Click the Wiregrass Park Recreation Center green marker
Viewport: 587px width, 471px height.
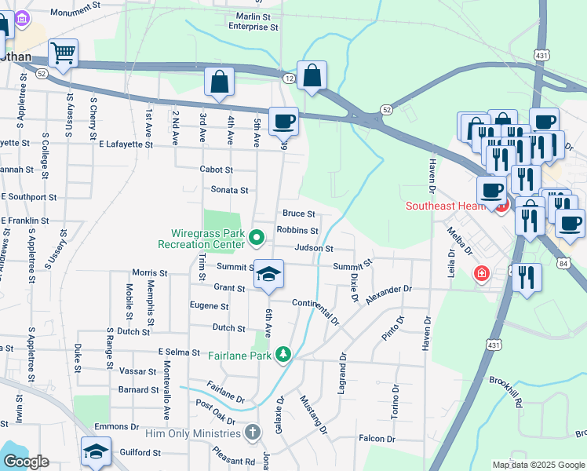click(x=257, y=236)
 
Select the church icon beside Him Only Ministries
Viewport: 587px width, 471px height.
click(x=253, y=433)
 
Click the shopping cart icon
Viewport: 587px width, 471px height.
click(x=64, y=53)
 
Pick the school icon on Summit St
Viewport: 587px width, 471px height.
click(x=268, y=275)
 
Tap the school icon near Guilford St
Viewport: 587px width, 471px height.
click(x=95, y=451)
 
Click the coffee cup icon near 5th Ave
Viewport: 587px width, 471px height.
click(x=283, y=122)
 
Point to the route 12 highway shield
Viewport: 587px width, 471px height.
click(x=289, y=78)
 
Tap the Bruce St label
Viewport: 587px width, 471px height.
click(x=298, y=214)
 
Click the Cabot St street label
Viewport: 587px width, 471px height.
click(x=217, y=170)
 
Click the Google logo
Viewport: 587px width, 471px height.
click(x=26, y=462)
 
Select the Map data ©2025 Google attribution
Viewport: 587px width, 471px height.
click(x=538, y=465)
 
